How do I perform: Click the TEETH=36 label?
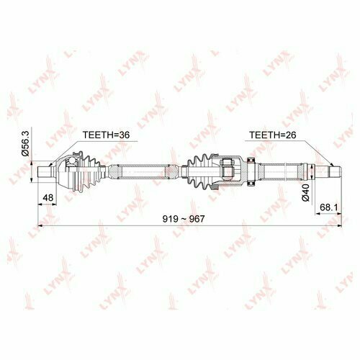pyautogui.click(x=106, y=135)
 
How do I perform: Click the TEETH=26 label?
pyautogui.click(x=273, y=135)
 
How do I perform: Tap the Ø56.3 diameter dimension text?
pyautogui.click(x=25, y=144)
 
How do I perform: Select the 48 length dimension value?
pyautogui.click(x=48, y=198)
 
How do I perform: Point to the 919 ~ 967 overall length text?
pyautogui.click(x=184, y=219)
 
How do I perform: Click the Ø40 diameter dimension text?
pyautogui.click(x=306, y=193)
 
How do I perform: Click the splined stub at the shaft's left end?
pyautogui.click(x=45, y=172)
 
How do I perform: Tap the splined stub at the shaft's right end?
pyautogui.click(x=335, y=172)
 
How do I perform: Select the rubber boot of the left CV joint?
pyautogui.click(x=90, y=171)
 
